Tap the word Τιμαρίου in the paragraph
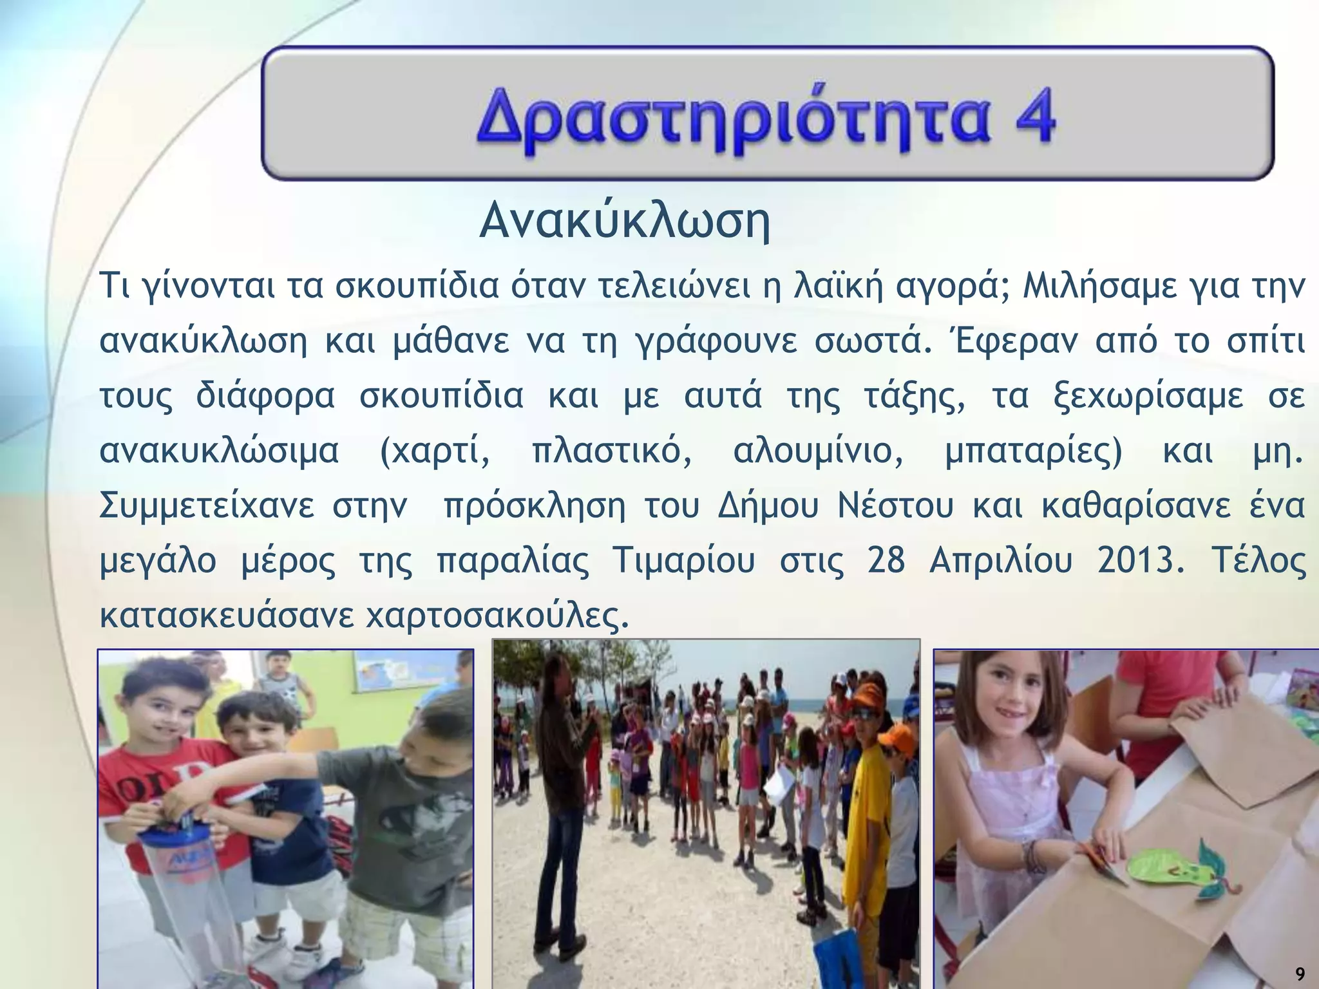[x=683, y=561]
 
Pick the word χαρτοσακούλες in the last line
[x=496, y=616]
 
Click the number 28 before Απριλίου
[x=886, y=561]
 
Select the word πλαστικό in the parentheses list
[x=612, y=451]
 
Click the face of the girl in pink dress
[x=1002, y=705]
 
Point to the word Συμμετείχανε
[x=206, y=505]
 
